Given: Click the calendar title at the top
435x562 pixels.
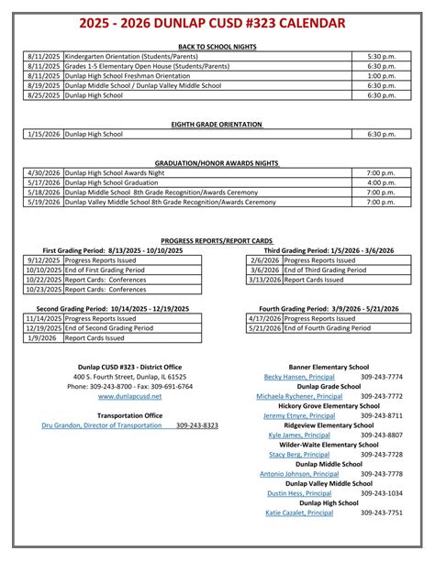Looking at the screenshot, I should click(x=217, y=22).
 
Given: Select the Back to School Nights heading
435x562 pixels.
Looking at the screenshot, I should click(x=217, y=45).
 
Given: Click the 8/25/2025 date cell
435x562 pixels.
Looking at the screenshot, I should click(x=43, y=94).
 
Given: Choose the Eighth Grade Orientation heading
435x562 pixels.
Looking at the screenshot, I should click(x=217, y=124).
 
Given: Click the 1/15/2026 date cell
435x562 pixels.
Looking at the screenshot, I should click(x=43, y=134).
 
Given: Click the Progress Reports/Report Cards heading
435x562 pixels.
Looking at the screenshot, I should click(x=217, y=239).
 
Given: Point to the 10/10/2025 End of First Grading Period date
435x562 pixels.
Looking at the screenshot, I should click(x=43, y=270).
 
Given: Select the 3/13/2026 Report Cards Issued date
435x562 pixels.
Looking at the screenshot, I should click(x=264, y=281).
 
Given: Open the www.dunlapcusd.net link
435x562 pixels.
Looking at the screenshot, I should click(x=129, y=396).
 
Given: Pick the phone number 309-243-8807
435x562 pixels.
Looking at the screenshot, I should click(x=382, y=435).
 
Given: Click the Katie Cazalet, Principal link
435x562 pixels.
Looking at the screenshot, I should click(x=299, y=512).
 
